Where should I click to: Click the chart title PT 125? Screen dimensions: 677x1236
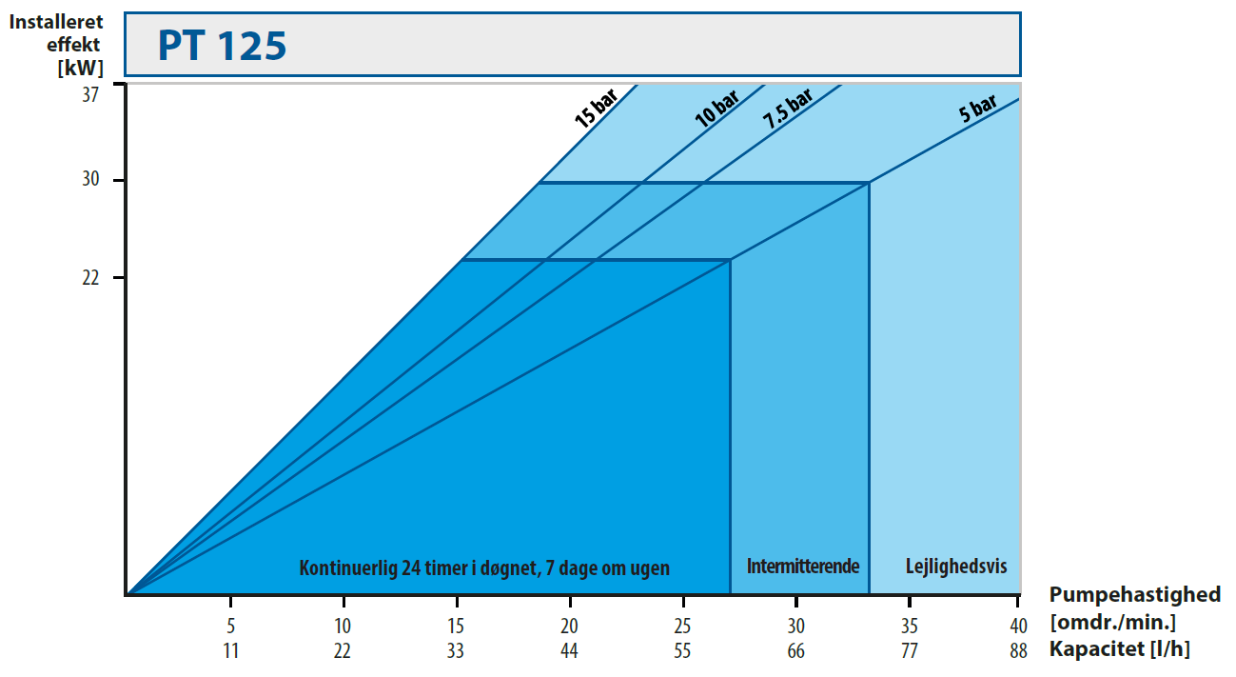pos(223,46)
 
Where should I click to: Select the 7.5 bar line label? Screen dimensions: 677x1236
pos(788,110)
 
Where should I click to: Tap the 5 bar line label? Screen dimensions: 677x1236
pos(977,110)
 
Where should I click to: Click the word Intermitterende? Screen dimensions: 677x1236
pos(803,567)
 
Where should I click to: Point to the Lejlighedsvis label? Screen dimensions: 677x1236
pos(956,567)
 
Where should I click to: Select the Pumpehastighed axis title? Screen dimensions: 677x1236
pos(1134,595)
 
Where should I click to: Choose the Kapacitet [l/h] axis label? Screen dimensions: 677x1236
pos(1119,649)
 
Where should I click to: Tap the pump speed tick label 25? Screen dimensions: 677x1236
pos(683,627)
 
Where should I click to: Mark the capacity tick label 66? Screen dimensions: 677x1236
pos(796,650)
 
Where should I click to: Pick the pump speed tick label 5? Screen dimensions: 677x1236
pos(230,627)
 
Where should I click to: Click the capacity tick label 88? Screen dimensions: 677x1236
pos(1018,650)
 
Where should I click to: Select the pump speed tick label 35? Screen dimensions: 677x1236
pos(910,627)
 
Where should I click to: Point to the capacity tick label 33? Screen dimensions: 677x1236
pos(457,650)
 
